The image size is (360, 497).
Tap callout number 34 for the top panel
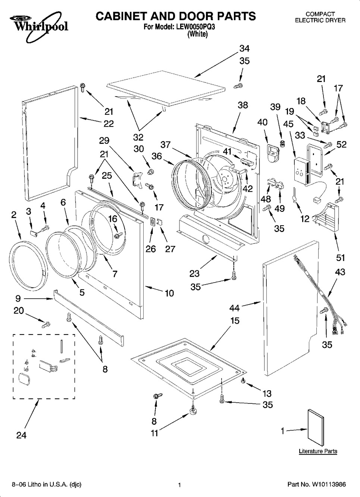pyautogui.click(x=244, y=48)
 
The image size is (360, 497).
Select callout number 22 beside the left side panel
pyautogui.click(x=109, y=123)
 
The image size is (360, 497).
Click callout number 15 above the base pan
pyautogui.click(x=235, y=321)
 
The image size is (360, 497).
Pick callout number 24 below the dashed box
pyautogui.click(x=21, y=435)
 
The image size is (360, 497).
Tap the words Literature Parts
pyautogui.click(x=318, y=451)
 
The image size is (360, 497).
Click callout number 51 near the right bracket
pyautogui.click(x=340, y=258)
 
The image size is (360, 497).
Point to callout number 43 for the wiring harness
pyautogui.click(x=340, y=272)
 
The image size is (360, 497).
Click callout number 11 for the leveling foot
pyautogui.click(x=154, y=433)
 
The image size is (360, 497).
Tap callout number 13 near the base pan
pyautogui.click(x=267, y=393)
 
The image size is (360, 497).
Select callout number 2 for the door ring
pyautogui.click(x=14, y=215)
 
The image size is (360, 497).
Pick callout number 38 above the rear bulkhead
pyautogui.click(x=242, y=105)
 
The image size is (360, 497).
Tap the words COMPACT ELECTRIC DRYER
pyautogui.click(x=320, y=17)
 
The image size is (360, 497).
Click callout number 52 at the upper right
pyautogui.click(x=342, y=144)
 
